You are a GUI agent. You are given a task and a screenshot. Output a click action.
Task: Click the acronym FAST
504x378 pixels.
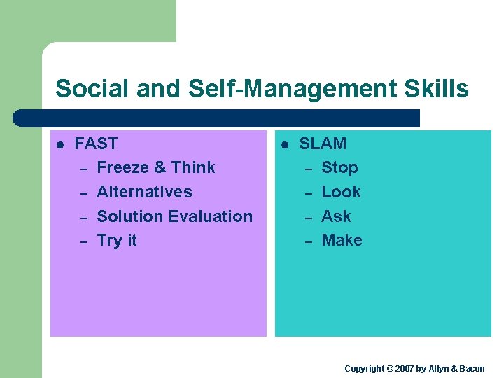click(x=96, y=143)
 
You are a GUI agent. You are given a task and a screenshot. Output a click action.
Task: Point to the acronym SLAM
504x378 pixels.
click(x=323, y=143)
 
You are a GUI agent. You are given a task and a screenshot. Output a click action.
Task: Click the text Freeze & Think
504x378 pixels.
click(x=155, y=167)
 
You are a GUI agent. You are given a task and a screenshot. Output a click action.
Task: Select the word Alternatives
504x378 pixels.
click(x=144, y=192)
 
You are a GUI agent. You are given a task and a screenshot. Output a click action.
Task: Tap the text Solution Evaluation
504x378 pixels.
click(x=174, y=216)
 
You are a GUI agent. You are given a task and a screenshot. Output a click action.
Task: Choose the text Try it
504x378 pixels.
click(x=116, y=240)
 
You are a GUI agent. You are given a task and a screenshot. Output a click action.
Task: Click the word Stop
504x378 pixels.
click(x=339, y=167)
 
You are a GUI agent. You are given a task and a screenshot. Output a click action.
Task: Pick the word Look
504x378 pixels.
click(x=341, y=192)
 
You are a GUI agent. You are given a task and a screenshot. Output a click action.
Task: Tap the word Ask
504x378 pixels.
click(x=336, y=216)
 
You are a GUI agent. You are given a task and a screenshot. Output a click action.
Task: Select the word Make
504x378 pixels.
click(x=342, y=240)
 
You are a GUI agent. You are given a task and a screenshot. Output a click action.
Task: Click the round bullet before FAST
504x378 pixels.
click(x=60, y=145)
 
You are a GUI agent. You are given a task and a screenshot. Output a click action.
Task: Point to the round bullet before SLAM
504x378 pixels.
click(x=285, y=145)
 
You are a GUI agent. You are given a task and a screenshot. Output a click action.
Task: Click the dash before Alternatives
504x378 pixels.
click(x=83, y=193)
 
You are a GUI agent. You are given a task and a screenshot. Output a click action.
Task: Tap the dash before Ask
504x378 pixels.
click(x=307, y=218)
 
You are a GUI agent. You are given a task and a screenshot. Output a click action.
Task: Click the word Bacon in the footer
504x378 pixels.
click(x=472, y=369)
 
